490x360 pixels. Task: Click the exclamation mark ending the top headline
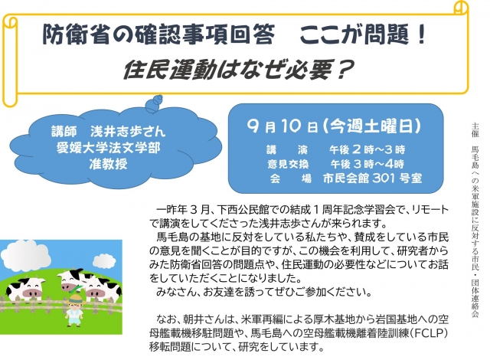pos(421,34)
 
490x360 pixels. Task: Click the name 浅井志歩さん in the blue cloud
pos(128,132)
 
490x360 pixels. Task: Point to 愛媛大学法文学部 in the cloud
pos(109,148)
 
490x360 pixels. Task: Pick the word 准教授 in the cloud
pos(109,163)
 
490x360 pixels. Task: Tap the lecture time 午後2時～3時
pos(367,149)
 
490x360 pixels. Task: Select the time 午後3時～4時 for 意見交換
pos(367,164)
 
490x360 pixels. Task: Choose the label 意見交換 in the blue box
pos(288,164)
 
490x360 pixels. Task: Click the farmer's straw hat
pos(76,299)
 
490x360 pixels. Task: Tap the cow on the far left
pos(25,290)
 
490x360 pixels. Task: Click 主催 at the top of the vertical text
pos(475,130)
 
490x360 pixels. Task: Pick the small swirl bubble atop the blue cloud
pos(155,103)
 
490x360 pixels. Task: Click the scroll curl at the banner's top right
pos(460,8)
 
